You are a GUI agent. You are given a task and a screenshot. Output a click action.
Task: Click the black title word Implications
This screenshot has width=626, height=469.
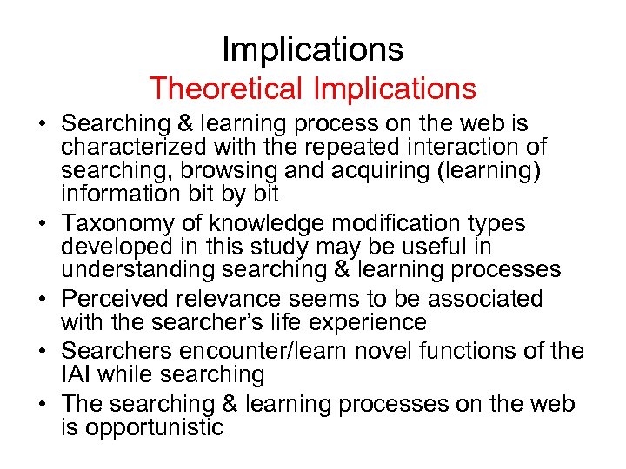(x=313, y=50)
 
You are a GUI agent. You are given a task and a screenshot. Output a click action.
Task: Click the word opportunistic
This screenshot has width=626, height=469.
(x=143, y=426)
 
